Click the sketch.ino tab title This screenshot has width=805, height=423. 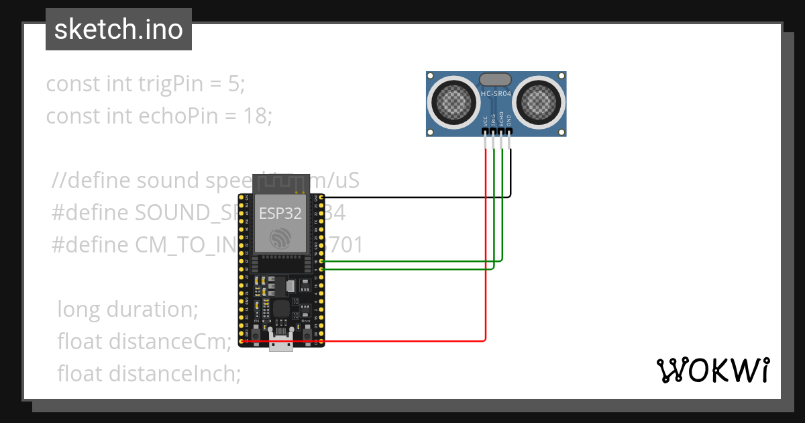(118, 30)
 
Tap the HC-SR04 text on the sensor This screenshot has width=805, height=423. (496, 94)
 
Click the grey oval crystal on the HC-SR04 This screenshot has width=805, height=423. (496, 80)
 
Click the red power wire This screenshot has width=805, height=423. (485, 269)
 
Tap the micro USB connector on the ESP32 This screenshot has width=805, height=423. (280, 344)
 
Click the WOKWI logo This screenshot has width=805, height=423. (712, 371)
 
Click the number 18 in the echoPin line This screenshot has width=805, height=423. (257, 116)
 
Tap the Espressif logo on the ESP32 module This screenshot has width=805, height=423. (280, 238)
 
